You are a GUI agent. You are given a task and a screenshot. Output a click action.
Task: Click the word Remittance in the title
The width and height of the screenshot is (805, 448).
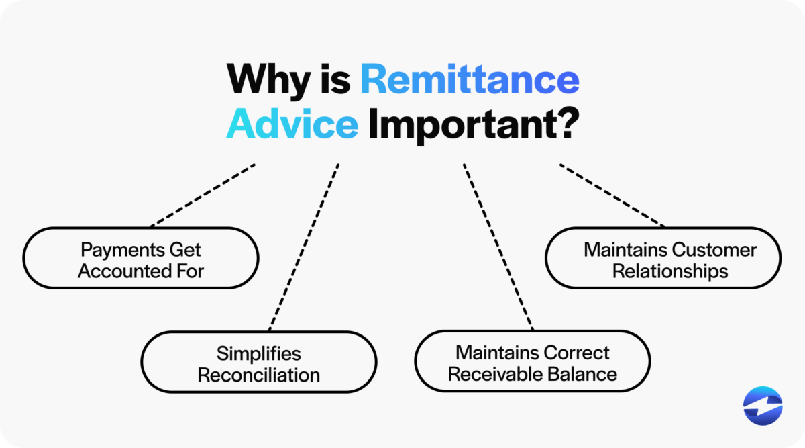(x=469, y=81)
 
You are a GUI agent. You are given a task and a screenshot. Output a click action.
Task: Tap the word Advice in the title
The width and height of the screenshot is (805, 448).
(x=292, y=124)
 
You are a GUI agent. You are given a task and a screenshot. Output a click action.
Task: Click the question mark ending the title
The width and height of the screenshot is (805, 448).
(x=566, y=124)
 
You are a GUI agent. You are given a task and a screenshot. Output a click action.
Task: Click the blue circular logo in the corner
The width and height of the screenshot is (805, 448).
(x=763, y=406)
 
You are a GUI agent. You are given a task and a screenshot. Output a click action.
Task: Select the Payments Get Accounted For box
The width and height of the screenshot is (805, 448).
(x=141, y=259)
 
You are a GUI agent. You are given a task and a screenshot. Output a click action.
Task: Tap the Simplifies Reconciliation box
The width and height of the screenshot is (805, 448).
(x=258, y=363)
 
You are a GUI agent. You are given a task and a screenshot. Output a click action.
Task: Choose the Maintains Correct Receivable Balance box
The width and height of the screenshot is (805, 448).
(x=532, y=363)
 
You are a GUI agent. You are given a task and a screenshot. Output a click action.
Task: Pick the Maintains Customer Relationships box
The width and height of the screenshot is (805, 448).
(x=663, y=259)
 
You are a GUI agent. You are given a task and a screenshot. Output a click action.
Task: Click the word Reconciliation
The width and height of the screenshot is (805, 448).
(x=258, y=374)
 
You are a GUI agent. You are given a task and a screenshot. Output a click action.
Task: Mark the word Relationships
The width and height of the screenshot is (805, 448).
(x=670, y=271)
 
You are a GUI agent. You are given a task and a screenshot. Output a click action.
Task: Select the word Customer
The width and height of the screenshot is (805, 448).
(x=714, y=250)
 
